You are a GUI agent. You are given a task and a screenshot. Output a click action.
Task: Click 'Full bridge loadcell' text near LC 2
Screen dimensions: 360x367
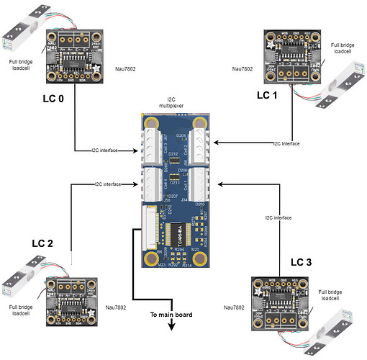pos(21,311)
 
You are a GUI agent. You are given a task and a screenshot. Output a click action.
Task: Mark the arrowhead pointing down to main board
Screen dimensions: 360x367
pos(173,326)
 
